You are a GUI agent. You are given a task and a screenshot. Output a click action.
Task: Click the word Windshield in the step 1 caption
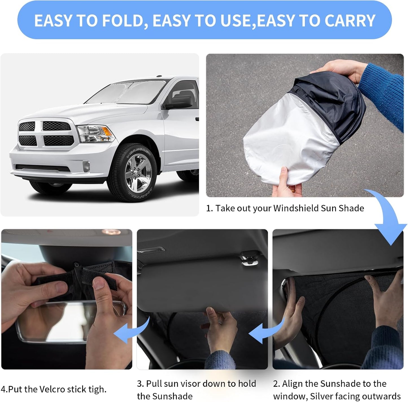coord(296,208)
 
